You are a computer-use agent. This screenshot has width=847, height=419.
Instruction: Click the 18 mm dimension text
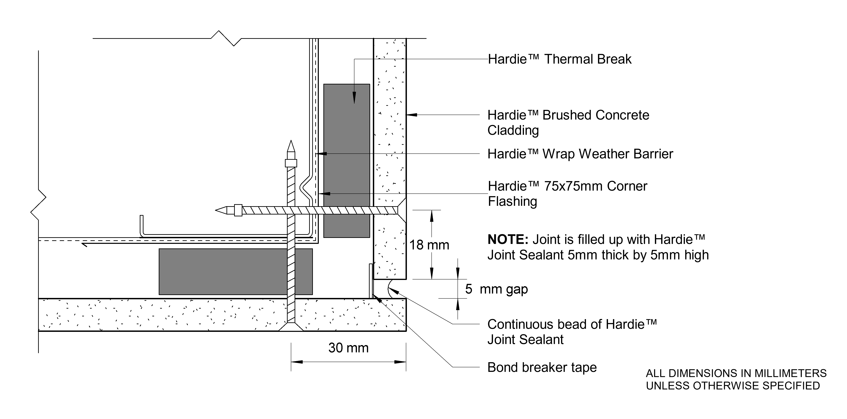429,245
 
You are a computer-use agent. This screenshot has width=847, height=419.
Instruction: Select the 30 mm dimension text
348,348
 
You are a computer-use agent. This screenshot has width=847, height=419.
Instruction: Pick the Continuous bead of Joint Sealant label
571,332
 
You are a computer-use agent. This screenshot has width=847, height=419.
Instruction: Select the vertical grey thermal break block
347,161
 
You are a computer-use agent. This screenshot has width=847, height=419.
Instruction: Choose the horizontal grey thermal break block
235,271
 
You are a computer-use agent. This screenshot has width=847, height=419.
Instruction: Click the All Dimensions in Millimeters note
736,379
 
